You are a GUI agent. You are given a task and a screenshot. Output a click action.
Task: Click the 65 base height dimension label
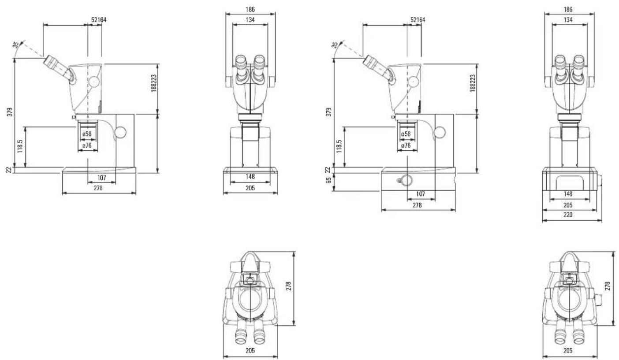[x=328, y=180]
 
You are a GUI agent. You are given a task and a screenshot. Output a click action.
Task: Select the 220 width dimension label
[x=568, y=215]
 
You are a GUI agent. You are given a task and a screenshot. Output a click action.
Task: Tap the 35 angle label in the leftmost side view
[x=16, y=45]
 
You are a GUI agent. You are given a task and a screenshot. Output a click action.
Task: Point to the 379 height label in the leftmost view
[x=10, y=112]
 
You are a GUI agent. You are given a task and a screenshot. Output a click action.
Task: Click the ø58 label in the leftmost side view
[x=87, y=134]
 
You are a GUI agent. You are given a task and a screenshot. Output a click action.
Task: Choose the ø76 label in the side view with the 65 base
[x=406, y=145]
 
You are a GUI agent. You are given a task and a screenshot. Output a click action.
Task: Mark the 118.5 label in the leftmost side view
[x=20, y=146]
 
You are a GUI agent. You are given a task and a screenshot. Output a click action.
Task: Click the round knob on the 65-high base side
[x=406, y=181]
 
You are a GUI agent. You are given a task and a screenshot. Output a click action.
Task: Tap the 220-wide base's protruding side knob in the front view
[x=599, y=180]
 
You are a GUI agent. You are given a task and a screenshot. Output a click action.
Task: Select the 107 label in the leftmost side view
[x=102, y=178]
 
